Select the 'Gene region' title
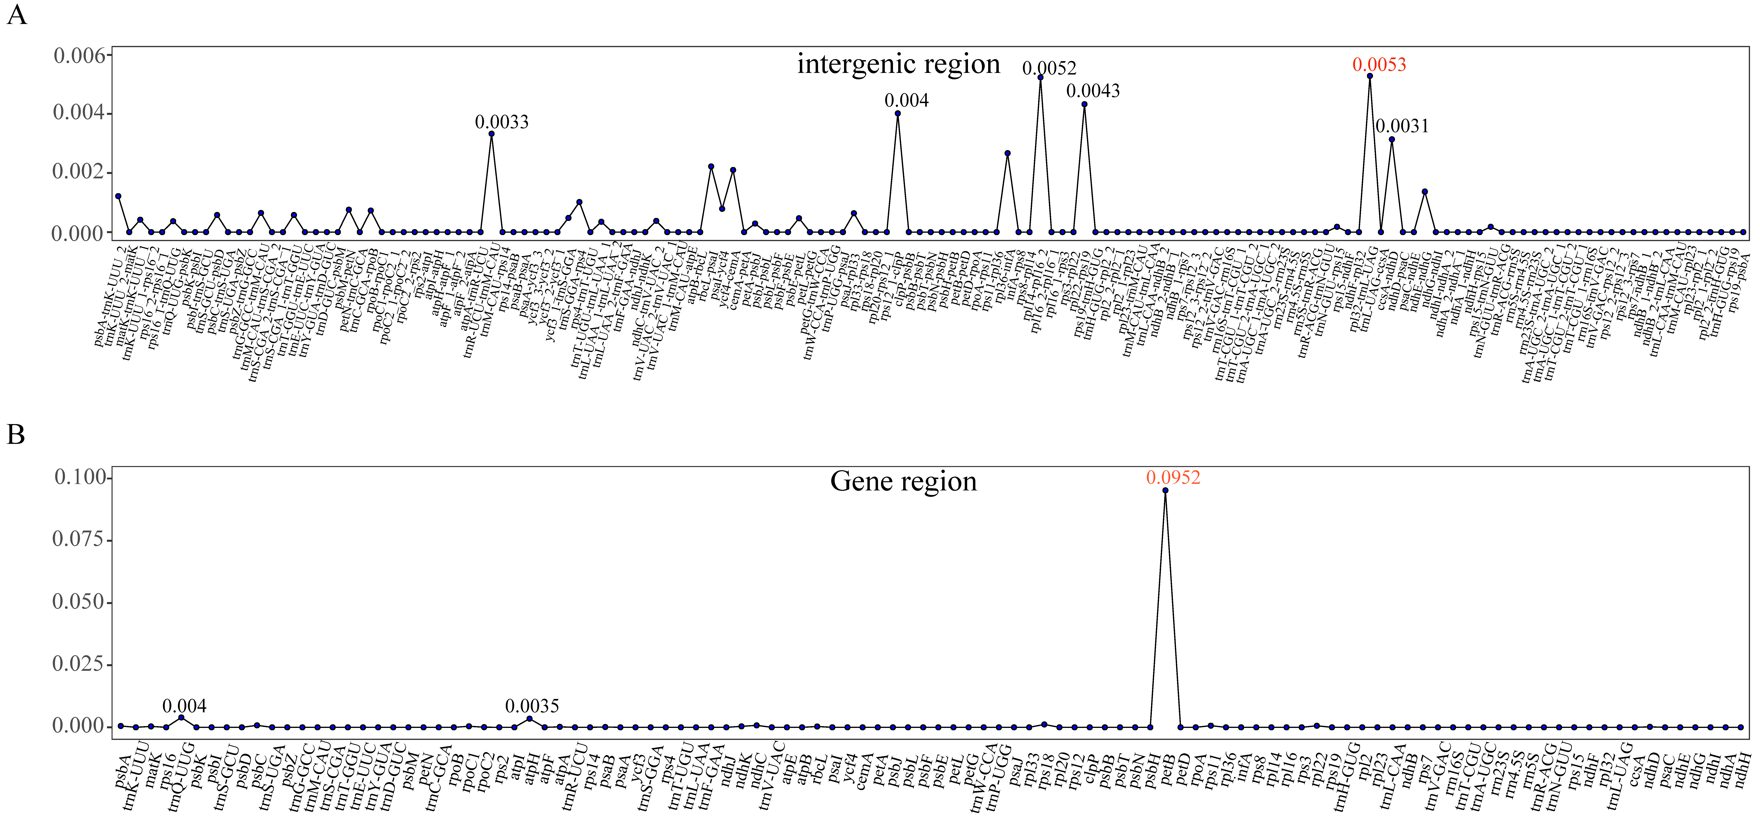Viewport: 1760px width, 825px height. pos(903,481)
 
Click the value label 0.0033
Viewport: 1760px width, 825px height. pos(502,122)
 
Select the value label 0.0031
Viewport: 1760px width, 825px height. pos(1402,126)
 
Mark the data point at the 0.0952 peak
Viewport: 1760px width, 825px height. pos(1165,490)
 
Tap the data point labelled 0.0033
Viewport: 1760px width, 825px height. pos(491,134)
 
